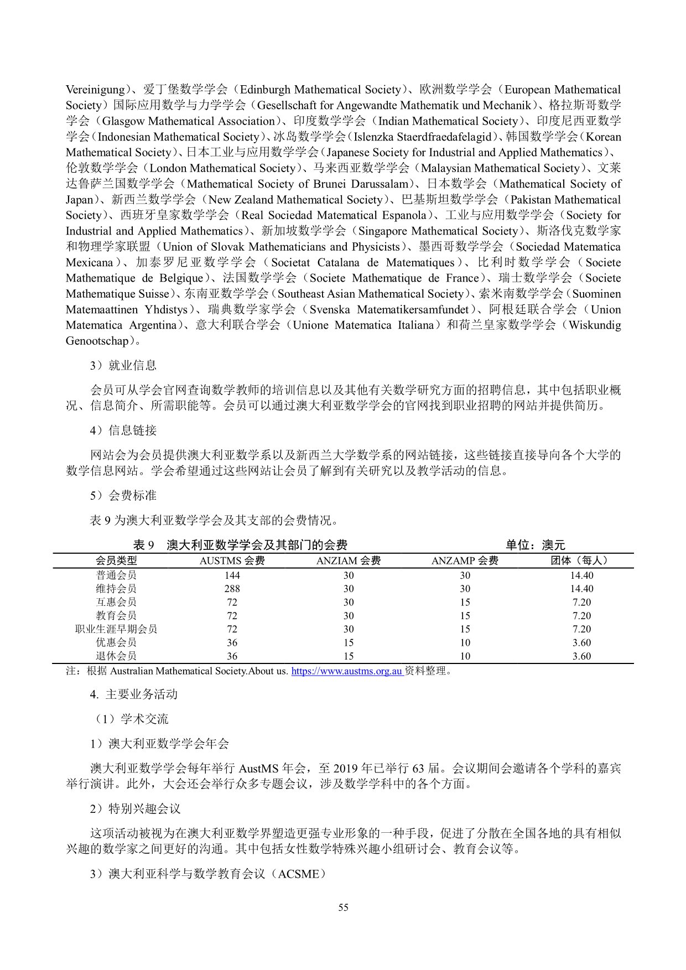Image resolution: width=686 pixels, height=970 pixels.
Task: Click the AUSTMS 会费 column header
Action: (x=232, y=561)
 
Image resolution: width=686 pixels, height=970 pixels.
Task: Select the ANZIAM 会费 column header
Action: (x=348, y=561)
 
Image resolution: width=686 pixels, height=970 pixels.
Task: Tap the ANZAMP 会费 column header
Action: (x=465, y=561)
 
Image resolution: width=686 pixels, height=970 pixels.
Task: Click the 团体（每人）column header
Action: (x=581, y=561)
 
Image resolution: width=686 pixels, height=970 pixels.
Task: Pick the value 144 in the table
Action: (x=232, y=575)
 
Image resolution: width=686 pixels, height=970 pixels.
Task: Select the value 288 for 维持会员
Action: (x=232, y=589)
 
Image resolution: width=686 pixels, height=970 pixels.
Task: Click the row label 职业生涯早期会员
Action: (x=116, y=629)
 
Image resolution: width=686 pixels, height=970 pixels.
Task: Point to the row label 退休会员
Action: (x=116, y=656)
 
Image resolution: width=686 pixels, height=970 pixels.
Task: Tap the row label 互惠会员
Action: (x=116, y=602)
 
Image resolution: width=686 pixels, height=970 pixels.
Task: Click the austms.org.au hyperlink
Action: (x=346, y=671)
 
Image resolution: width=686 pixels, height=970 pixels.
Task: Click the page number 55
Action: (x=343, y=907)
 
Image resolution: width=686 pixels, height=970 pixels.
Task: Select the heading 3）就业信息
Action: (x=123, y=365)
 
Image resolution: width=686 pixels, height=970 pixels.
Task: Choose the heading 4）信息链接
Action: (x=123, y=430)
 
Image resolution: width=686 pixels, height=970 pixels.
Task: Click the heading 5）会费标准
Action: (x=123, y=495)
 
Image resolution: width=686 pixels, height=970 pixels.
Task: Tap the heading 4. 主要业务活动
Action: (x=134, y=694)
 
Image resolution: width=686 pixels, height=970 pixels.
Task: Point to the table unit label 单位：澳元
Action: (x=535, y=545)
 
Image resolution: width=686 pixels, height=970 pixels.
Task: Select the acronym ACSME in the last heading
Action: (x=299, y=874)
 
